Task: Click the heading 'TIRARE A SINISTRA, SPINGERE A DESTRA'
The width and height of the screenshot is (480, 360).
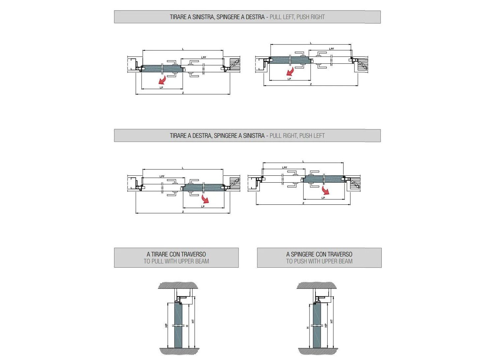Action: (x=217, y=17)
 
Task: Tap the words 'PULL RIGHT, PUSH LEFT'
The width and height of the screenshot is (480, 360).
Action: (x=297, y=136)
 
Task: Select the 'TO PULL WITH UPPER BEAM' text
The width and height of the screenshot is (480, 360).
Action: (x=176, y=261)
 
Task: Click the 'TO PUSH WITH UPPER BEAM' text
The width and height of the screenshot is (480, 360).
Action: (x=319, y=261)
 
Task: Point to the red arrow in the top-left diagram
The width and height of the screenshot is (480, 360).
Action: (x=162, y=80)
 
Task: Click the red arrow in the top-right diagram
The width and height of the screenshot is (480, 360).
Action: (x=290, y=72)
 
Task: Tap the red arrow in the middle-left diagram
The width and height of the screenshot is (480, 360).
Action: (x=205, y=199)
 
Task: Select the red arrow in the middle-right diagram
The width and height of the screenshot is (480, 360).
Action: (x=325, y=190)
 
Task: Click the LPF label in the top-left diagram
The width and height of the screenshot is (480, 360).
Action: (x=204, y=57)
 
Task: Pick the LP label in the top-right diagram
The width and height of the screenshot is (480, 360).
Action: (x=289, y=79)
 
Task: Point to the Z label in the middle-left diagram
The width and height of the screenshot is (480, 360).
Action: (x=183, y=212)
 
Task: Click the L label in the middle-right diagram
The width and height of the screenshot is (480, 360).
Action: (x=303, y=162)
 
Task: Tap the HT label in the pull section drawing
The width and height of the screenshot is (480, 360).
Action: (x=193, y=321)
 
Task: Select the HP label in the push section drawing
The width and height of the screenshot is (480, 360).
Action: (x=326, y=325)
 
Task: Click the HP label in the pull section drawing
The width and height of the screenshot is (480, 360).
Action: (x=166, y=325)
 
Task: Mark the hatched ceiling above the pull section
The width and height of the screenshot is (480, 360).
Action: (x=178, y=285)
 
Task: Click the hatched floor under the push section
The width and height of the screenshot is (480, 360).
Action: (x=318, y=351)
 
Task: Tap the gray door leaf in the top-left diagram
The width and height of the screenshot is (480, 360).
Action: (x=162, y=69)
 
